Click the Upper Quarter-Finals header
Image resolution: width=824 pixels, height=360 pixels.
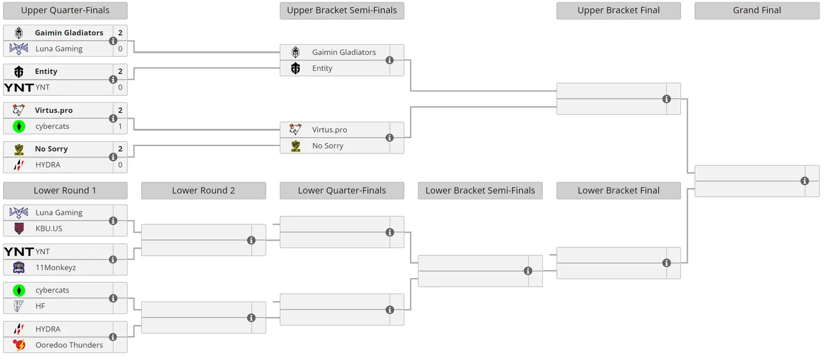(65, 10)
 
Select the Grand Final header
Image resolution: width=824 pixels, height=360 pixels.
(757, 10)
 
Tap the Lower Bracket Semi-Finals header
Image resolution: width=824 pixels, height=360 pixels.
(480, 190)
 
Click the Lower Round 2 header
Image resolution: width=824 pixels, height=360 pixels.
(204, 190)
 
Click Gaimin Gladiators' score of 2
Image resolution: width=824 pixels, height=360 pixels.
(121, 33)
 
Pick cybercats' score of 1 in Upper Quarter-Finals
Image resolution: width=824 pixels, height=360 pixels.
(121, 126)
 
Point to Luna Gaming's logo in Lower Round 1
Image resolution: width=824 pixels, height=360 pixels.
(19, 212)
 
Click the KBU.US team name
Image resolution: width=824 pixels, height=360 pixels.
(49, 228)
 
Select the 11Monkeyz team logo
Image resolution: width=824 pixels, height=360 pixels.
(19, 268)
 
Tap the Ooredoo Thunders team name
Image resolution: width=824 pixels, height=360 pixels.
(69, 345)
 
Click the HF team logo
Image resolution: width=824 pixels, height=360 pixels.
(18, 306)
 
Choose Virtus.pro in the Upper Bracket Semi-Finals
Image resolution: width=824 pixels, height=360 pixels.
(330, 130)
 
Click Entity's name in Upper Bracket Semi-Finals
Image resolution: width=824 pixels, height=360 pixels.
(322, 68)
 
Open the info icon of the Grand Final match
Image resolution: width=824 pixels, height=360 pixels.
(805, 181)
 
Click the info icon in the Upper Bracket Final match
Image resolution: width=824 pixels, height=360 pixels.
(666, 99)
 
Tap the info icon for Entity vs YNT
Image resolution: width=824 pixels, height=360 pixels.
(113, 79)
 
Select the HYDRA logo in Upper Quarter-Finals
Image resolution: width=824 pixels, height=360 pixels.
(19, 165)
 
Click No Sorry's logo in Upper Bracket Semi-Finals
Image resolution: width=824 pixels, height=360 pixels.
(296, 146)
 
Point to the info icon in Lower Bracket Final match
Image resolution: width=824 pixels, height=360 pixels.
(666, 263)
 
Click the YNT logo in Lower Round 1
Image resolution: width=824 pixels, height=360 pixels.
(19, 252)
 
